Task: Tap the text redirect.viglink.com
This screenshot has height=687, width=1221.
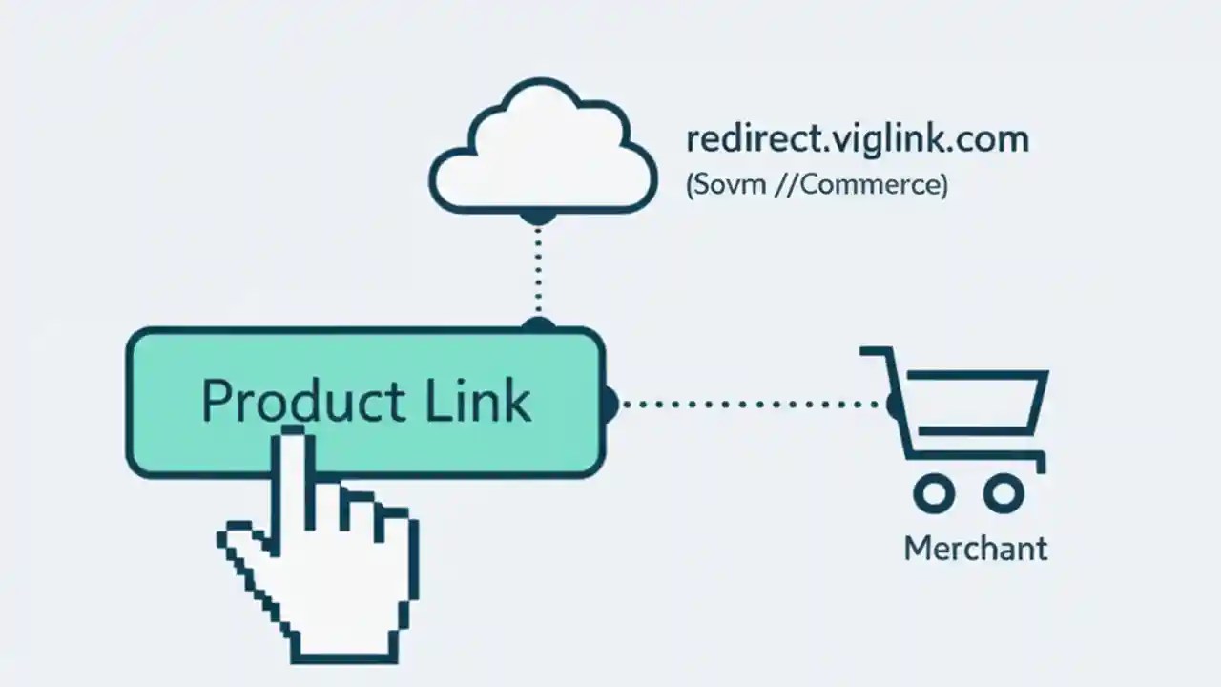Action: [857, 139]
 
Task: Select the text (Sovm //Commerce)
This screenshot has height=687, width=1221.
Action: [817, 184]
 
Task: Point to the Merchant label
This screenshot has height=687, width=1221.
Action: [975, 549]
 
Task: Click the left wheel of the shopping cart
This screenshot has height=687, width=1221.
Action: [934, 493]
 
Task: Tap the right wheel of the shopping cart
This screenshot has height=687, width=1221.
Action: [1004, 493]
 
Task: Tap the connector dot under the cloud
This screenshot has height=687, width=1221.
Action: [539, 218]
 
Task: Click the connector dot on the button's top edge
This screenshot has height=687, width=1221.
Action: [539, 324]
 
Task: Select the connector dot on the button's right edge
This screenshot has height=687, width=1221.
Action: [610, 404]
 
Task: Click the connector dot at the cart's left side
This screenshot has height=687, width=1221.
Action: [894, 405]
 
